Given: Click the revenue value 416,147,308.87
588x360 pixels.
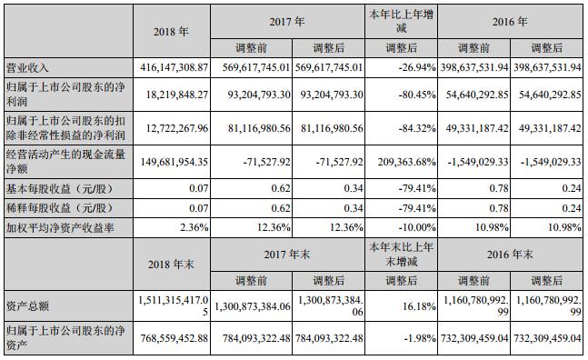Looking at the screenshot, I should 171,68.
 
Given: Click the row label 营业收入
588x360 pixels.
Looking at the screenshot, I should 27,68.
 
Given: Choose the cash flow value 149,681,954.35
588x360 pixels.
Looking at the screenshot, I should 171,163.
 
